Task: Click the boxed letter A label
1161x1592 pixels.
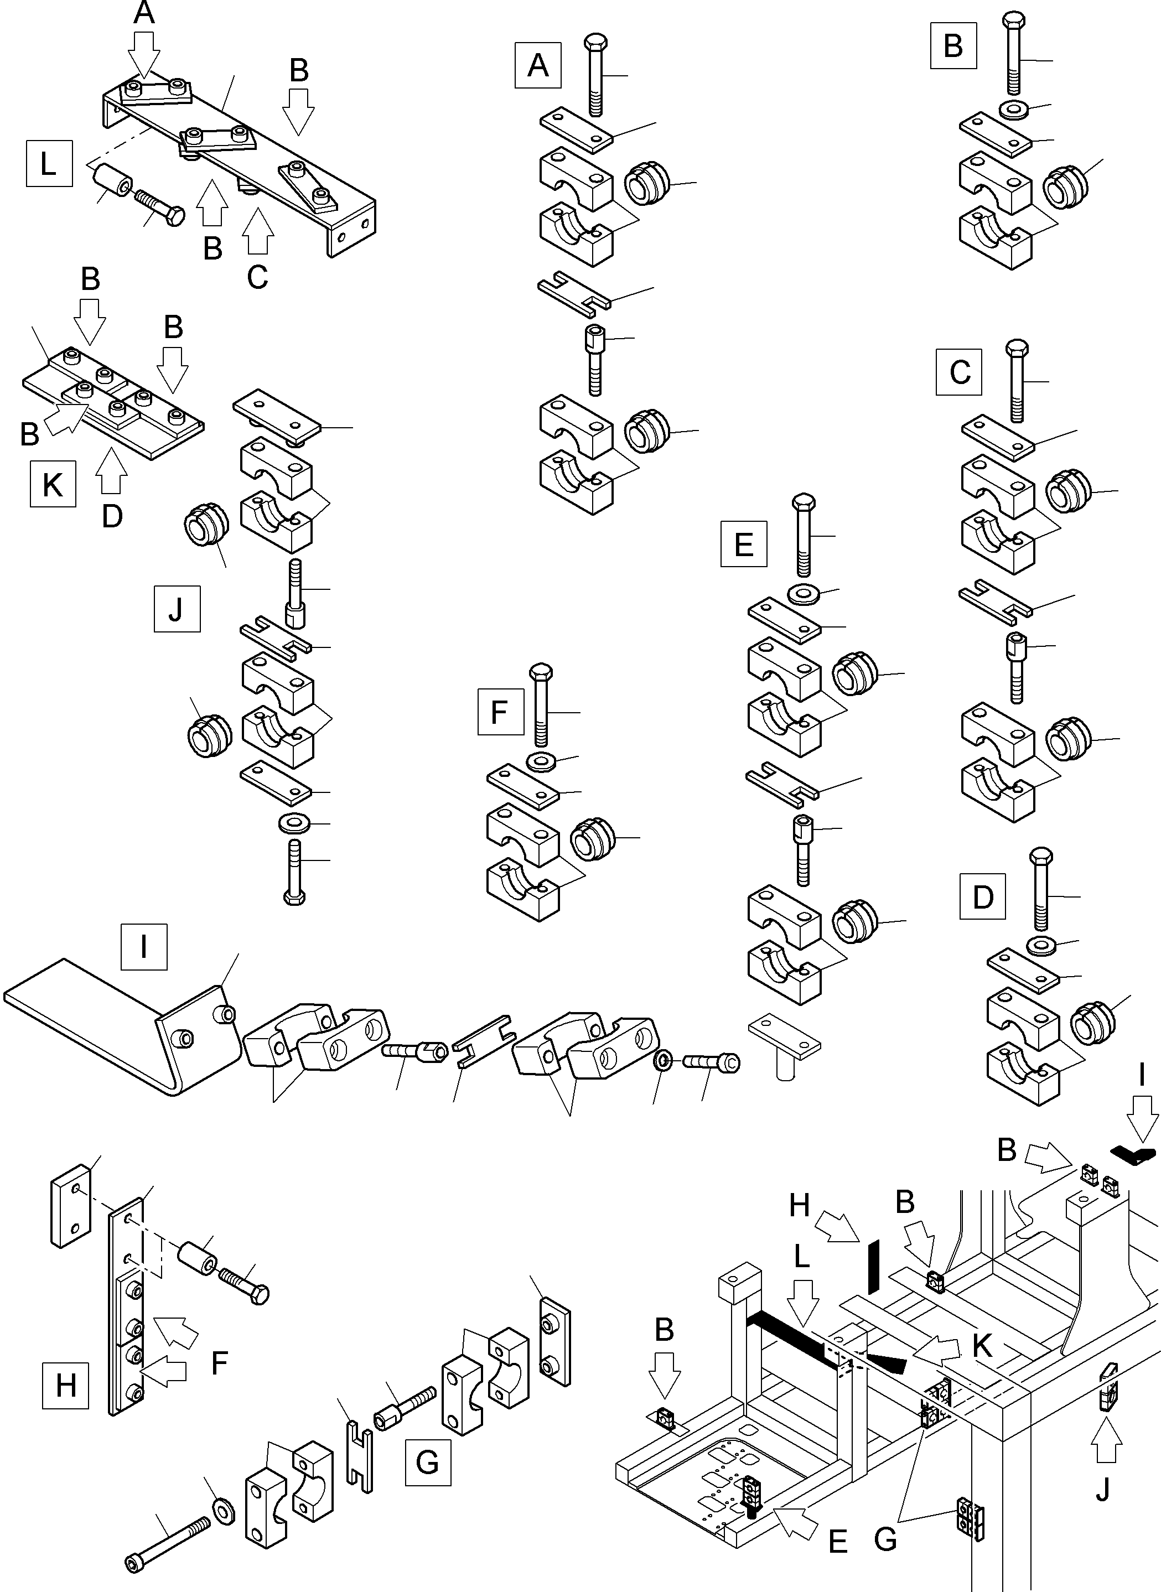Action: pyautogui.click(x=538, y=65)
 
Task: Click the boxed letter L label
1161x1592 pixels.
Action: pyautogui.click(x=49, y=164)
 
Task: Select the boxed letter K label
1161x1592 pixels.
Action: pyautogui.click(x=53, y=484)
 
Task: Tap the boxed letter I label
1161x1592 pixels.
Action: pyautogui.click(x=144, y=946)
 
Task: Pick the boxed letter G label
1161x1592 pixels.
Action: pyautogui.click(x=427, y=1462)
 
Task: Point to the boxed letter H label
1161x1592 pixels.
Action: pyautogui.click(x=65, y=1386)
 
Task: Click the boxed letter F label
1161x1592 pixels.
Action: pyautogui.click(x=500, y=712)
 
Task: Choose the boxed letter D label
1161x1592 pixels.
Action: pyautogui.click(x=982, y=896)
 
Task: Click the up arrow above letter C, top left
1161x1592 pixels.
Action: pyautogui.click(x=257, y=232)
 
